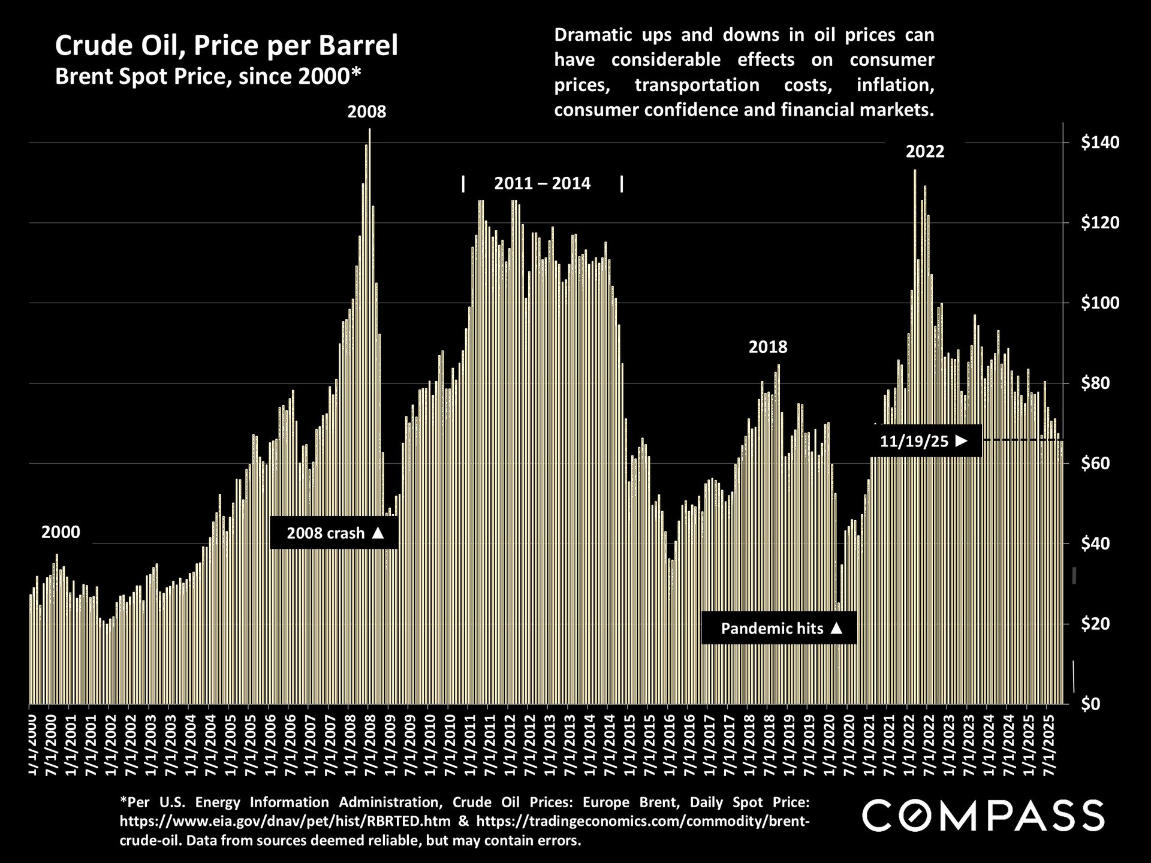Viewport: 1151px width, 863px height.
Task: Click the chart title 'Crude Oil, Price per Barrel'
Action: (226, 46)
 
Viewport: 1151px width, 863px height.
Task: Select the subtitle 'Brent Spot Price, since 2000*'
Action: (208, 76)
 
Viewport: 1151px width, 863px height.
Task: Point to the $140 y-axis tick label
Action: (1099, 143)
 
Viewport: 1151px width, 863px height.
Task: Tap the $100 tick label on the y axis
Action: (1099, 303)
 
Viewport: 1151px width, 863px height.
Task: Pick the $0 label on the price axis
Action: (1107, 704)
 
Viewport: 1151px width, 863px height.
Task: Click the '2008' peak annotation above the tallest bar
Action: (367, 111)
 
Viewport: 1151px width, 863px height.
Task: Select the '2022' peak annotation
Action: (924, 151)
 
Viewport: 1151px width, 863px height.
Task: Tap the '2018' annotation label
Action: (767, 347)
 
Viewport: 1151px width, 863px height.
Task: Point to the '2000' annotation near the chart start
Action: (61, 532)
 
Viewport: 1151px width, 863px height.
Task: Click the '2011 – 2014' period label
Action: (542, 183)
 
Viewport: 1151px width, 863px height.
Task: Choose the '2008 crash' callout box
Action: (334, 533)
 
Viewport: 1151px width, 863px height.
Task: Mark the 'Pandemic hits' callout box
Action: (779, 628)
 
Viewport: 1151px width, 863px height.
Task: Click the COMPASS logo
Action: (983, 816)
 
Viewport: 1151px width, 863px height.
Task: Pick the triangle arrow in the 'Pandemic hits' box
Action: (837, 628)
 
